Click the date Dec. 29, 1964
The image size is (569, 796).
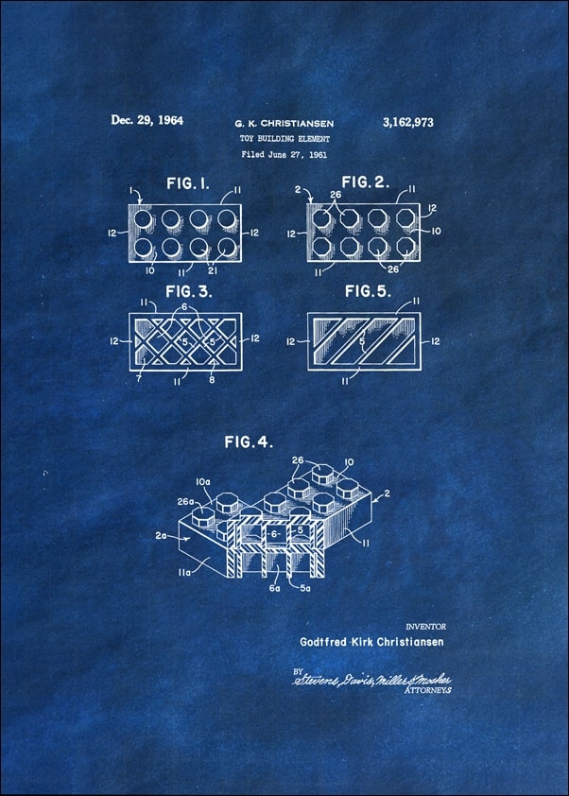pos(147,120)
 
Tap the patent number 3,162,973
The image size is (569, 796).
pos(408,122)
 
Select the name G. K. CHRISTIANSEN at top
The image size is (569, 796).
pos(284,123)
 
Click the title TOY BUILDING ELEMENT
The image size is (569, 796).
pos(284,138)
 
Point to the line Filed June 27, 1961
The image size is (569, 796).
pos(284,153)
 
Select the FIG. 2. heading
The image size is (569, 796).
pos(365,182)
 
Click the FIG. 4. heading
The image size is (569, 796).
pos(249,441)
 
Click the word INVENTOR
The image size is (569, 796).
pos(425,626)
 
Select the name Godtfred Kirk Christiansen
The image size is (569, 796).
pos(371,641)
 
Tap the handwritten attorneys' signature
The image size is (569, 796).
pos(371,679)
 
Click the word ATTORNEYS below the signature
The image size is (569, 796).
pos(428,691)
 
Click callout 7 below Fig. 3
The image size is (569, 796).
pos(140,379)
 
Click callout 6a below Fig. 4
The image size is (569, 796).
pos(274,588)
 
